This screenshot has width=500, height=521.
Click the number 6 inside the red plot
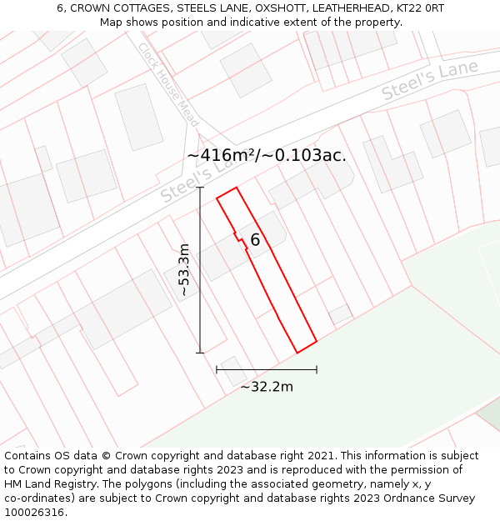click(x=255, y=240)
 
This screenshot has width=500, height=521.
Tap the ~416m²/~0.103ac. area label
click(x=267, y=155)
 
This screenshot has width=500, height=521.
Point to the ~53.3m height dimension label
click(x=184, y=270)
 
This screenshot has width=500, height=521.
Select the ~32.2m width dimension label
click(x=267, y=387)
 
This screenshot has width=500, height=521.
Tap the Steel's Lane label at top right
click(x=430, y=81)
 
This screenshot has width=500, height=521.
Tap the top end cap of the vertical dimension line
click(x=200, y=188)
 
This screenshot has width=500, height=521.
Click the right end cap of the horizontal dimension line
click(x=317, y=369)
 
